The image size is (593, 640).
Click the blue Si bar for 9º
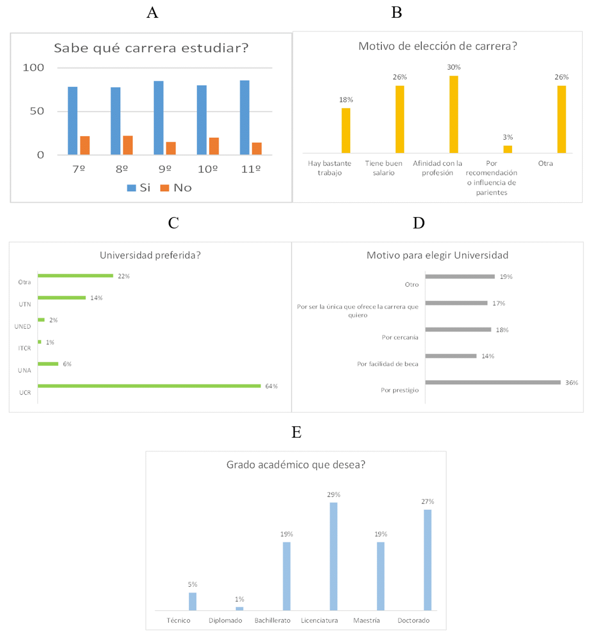159,118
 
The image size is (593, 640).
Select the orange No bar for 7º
85,145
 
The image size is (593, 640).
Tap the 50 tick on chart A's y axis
37,111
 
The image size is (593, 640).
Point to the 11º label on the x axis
251,169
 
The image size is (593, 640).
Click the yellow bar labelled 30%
453,114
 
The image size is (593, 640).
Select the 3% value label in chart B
507,137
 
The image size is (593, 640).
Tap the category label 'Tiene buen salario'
383,168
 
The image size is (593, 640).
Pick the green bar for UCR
149,386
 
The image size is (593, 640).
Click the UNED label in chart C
22,326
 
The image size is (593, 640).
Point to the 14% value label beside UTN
96,298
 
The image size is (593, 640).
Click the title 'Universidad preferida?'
150,255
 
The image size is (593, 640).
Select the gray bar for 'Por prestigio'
492,382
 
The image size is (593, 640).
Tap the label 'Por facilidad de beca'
387,364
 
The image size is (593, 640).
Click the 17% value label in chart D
498,303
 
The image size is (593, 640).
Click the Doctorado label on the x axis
413,620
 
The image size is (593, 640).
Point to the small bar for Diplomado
239,609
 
